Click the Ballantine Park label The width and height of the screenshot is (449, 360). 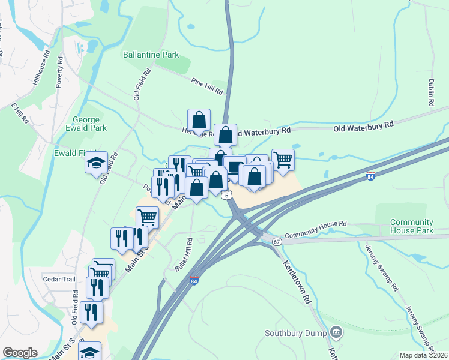click(151, 55)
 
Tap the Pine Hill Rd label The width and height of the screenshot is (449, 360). click(207, 86)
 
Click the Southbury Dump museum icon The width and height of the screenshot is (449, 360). click(336, 332)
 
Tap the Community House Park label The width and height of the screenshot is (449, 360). click(411, 226)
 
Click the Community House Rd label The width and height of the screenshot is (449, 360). click(316, 233)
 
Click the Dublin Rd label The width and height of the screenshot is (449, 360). click(431, 92)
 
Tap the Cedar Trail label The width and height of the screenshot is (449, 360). click(58, 279)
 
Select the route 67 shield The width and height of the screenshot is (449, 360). click(276, 241)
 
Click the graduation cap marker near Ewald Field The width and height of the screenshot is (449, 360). click(96, 163)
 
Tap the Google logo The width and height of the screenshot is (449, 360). click(20, 353)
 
